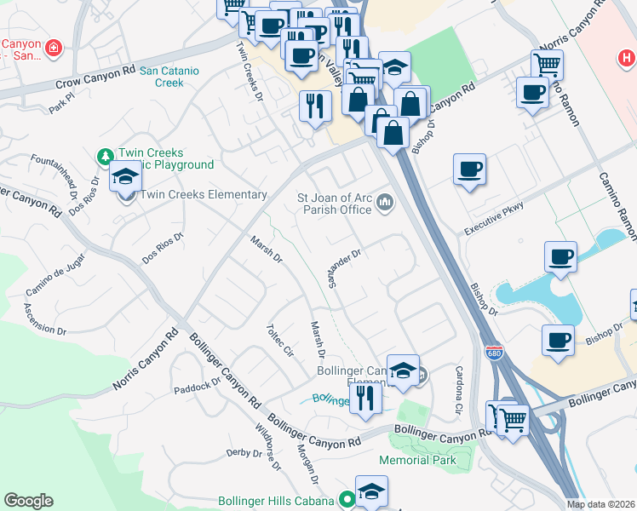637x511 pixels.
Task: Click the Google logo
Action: coord(29,501)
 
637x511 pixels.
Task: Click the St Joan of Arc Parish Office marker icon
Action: coord(384,202)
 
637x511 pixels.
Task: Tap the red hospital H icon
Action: coord(626,58)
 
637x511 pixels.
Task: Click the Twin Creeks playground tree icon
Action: coord(105,156)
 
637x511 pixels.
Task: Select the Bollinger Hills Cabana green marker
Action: coord(347,501)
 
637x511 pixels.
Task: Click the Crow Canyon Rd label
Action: coord(96,79)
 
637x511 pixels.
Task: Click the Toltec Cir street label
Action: coord(279,338)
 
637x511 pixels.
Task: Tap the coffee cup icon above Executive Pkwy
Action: coord(469,169)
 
